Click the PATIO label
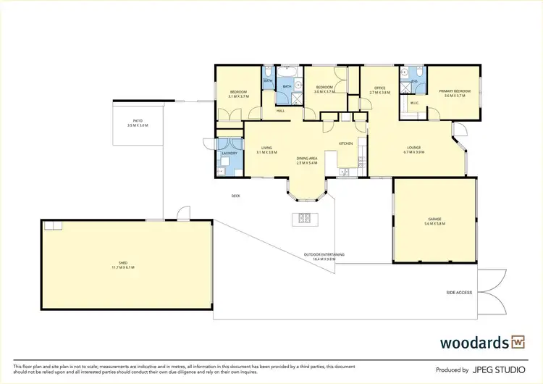[x=137, y=121]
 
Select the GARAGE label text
[x=434, y=218]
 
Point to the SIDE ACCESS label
[x=459, y=292]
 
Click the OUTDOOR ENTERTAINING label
[x=324, y=254]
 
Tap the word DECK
[x=235, y=196]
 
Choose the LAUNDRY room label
[x=230, y=154]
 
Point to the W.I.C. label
[x=415, y=103]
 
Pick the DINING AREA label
[x=307, y=158]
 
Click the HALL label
[x=280, y=111]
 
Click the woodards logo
[x=483, y=341]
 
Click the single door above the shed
[x=183, y=214]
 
